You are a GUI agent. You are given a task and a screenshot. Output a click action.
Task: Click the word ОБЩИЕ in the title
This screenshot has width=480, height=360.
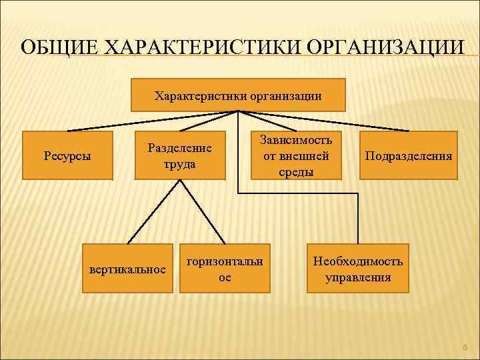click(x=53, y=49)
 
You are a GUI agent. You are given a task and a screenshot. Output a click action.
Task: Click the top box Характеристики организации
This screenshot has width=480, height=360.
click(x=238, y=95)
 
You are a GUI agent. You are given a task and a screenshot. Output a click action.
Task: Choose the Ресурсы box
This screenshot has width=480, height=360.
click(x=67, y=156)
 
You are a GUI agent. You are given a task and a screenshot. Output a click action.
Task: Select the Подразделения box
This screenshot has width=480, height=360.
click(x=408, y=156)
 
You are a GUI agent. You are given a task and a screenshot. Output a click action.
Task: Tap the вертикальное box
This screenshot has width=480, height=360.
click(x=127, y=269)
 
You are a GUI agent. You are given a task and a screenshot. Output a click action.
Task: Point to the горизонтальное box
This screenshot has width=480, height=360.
click(x=225, y=268)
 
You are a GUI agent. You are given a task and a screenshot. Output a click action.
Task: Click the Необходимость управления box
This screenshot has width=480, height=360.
click(x=358, y=268)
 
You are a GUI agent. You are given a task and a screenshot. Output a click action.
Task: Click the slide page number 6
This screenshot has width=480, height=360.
click(x=465, y=347)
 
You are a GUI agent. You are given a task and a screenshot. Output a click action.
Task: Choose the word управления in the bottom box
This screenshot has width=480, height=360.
click(x=358, y=277)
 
